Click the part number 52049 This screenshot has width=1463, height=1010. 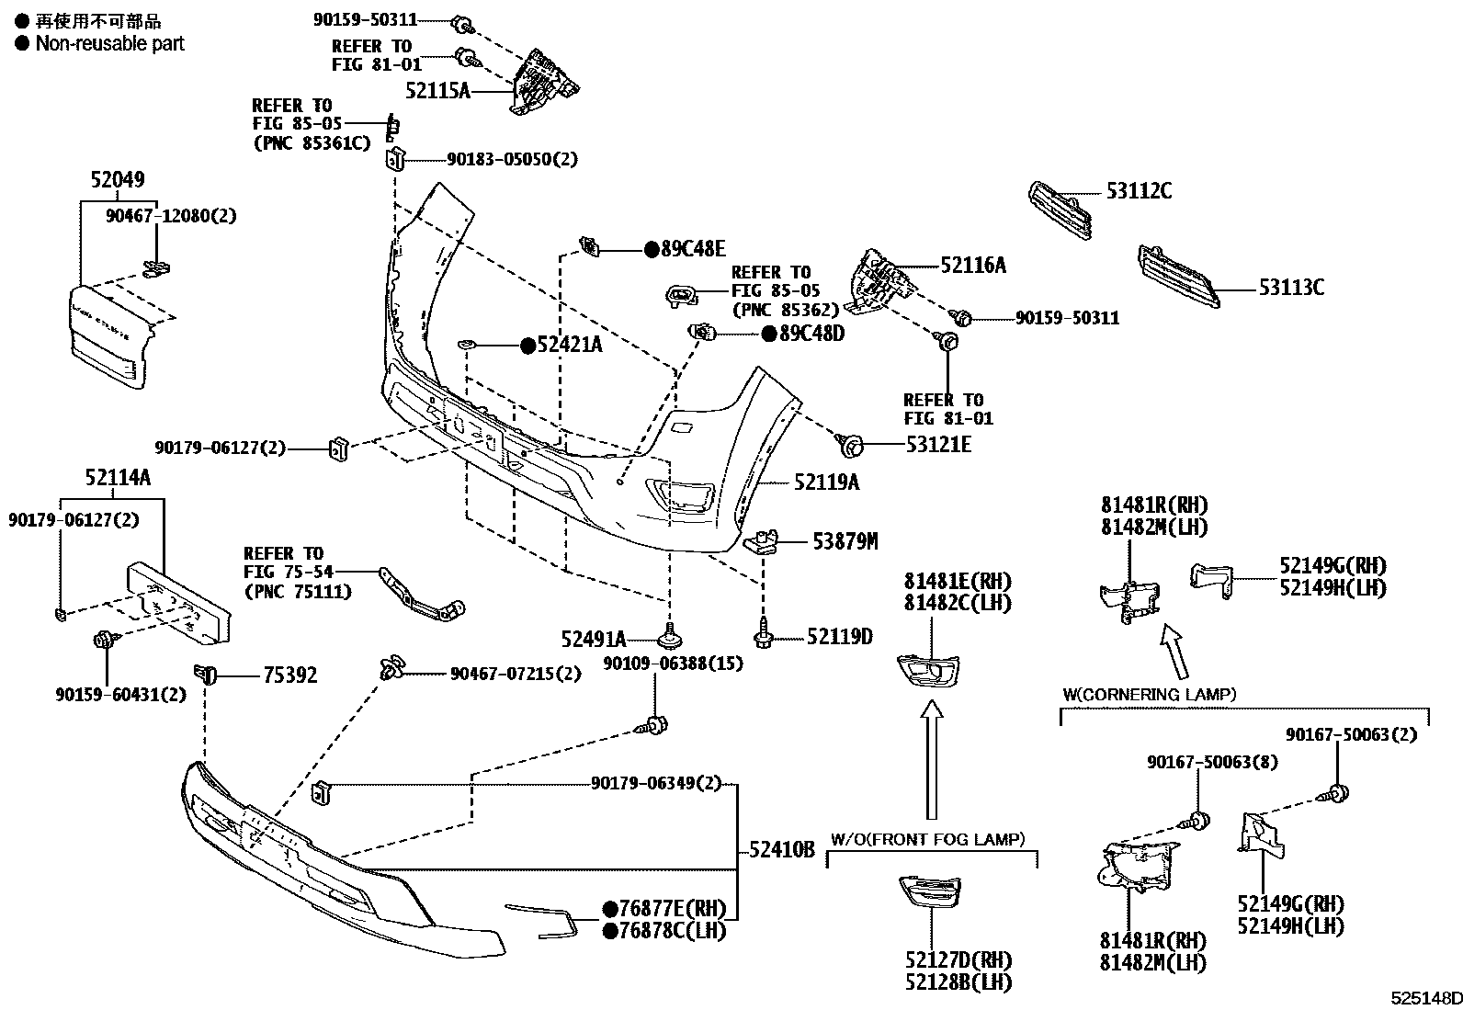pyautogui.click(x=118, y=179)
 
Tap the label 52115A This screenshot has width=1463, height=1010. pyautogui.click(x=437, y=91)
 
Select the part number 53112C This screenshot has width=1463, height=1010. pyautogui.click(x=1139, y=191)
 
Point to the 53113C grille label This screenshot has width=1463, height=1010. pyautogui.click(x=1291, y=288)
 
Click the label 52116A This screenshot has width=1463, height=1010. pyautogui.click(x=973, y=266)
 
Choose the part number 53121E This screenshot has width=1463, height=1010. pyautogui.click(x=938, y=445)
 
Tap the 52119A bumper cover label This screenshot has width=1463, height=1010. pyautogui.click(x=826, y=482)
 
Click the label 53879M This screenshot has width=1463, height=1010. pyautogui.click(x=845, y=541)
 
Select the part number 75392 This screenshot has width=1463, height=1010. pyautogui.click(x=290, y=675)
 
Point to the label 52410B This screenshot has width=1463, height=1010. pyautogui.click(x=782, y=850)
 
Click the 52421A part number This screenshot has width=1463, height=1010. pyautogui.click(x=569, y=345)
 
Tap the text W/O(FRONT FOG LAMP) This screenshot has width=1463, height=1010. pyautogui.click(x=927, y=839)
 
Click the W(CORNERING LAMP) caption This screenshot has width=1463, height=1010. pyautogui.click(x=1150, y=695)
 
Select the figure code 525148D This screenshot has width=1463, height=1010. pyautogui.click(x=1425, y=998)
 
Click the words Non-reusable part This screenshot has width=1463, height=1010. pyautogui.click(x=109, y=44)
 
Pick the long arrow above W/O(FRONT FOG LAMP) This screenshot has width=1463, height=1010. pyautogui.click(x=931, y=760)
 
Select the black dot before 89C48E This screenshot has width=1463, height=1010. pyautogui.click(x=652, y=249)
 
